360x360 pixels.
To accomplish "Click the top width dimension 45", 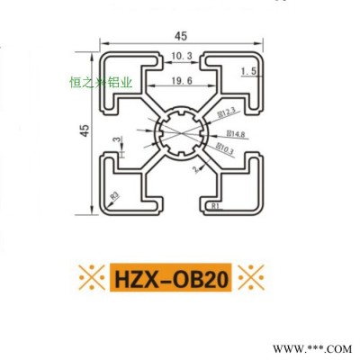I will (181, 36).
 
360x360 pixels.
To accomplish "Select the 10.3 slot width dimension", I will (181, 57).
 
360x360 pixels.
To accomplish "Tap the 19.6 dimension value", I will (181, 81).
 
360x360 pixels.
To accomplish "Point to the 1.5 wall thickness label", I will (250, 69).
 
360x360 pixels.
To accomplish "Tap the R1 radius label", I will (213, 205).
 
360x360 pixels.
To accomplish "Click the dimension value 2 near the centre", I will (193, 168).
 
